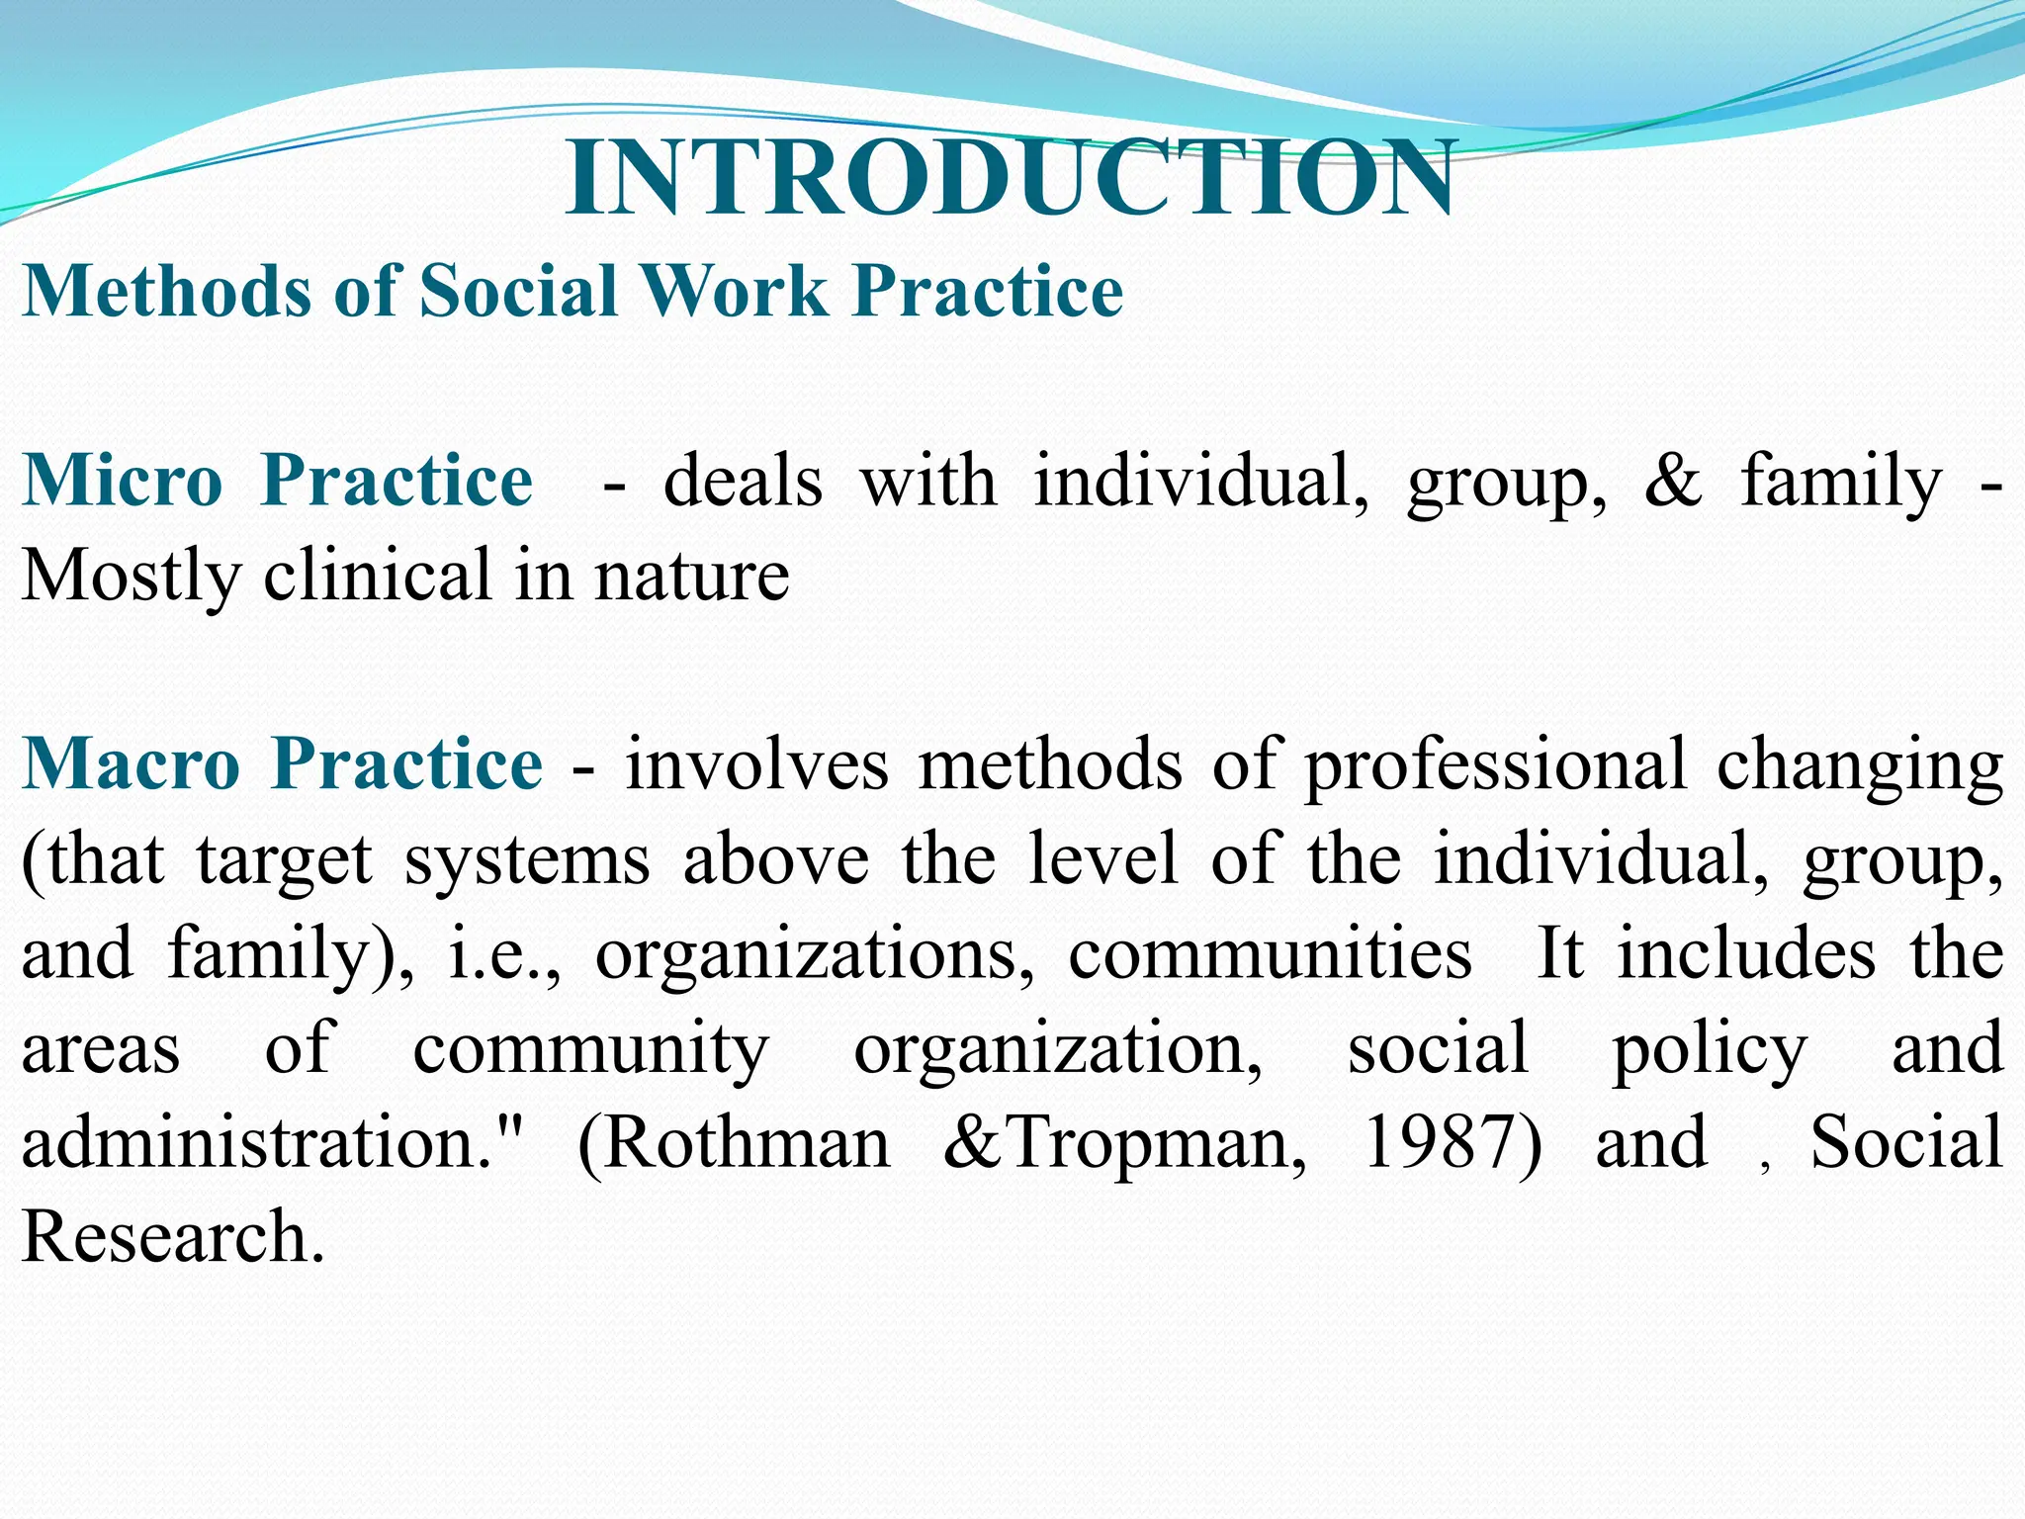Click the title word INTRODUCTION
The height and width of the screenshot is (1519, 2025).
point(1011,179)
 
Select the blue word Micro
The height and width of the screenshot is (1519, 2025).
point(123,481)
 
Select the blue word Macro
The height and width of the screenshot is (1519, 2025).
point(132,764)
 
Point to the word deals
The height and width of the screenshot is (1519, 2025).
point(743,481)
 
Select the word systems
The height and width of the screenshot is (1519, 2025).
point(527,860)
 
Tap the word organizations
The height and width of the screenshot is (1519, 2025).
point(815,954)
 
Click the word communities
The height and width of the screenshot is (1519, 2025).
point(1270,954)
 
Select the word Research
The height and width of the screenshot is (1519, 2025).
point(173,1236)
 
